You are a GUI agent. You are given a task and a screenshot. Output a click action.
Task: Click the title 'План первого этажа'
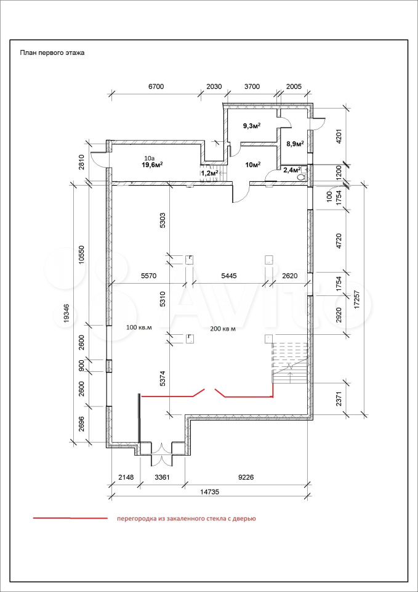[52, 53]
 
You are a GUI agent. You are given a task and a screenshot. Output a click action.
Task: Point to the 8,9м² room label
[295, 144]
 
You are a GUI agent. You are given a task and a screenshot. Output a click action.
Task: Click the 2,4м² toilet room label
[292, 170]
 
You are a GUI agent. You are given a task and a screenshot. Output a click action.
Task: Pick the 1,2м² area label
[210, 173]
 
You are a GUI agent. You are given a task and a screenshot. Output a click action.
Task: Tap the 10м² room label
[252, 163]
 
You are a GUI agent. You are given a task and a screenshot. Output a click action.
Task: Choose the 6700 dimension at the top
[156, 86]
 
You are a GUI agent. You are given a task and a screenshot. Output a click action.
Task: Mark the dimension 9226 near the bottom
[246, 477]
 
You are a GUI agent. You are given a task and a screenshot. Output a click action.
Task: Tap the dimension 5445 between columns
[230, 276]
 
